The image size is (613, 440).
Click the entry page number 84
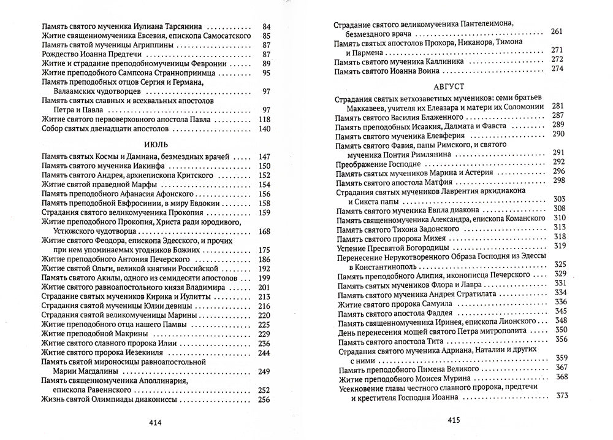[x=265, y=28]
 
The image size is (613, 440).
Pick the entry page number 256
[x=264, y=400]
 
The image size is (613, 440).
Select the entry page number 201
[x=264, y=288]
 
